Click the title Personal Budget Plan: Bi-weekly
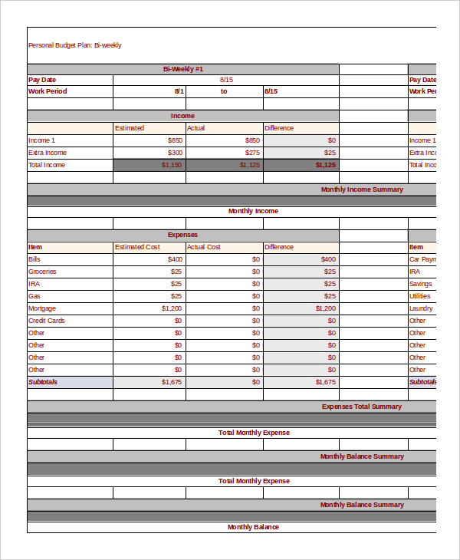pyautogui.click(x=74, y=45)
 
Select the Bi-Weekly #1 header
pyautogui.click(x=183, y=69)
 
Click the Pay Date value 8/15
pyautogui.click(x=226, y=80)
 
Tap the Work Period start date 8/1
pyautogui.click(x=179, y=91)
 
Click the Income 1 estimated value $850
pyautogui.click(x=175, y=140)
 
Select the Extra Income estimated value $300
pyautogui.click(x=175, y=153)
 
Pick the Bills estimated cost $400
pyautogui.click(x=175, y=259)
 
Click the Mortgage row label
pyautogui.click(x=42, y=308)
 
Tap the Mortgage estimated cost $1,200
pyautogui.click(x=172, y=308)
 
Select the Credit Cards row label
pyautogui.click(x=47, y=321)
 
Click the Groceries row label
pyautogui.click(x=42, y=272)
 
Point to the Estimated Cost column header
pyautogui.click(x=137, y=247)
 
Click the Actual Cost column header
pyautogui.click(x=204, y=247)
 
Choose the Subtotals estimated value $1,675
pyautogui.click(x=172, y=382)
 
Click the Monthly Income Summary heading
pyautogui.click(x=362, y=189)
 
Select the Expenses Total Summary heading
pyautogui.click(x=362, y=407)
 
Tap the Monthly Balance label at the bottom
pyautogui.click(x=253, y=527)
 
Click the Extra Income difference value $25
pyautogui.click(x=330, y=153)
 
